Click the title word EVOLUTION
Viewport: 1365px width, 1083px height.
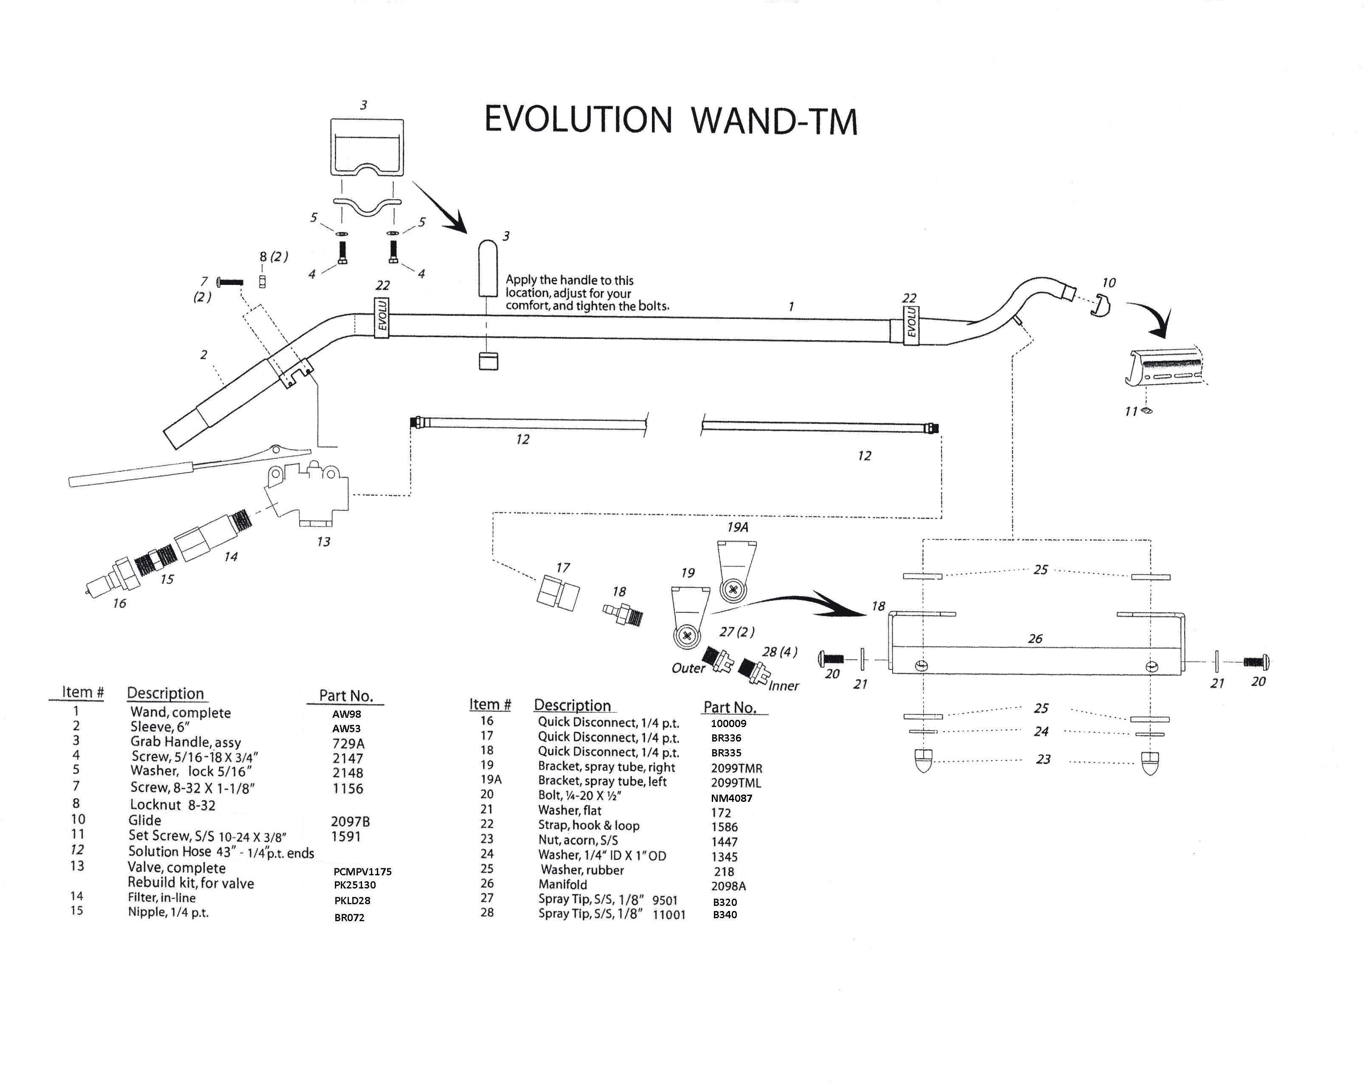tap(577, 120)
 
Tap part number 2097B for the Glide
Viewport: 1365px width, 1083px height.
tap(350, 821)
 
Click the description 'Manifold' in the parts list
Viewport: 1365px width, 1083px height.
tap(562, 884)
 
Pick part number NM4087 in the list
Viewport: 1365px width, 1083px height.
tap(731, 798)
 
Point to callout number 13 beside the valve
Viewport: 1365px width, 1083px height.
tap(323, 541)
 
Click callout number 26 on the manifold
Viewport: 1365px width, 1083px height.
tap(1035, 638)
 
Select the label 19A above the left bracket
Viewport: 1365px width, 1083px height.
tap(738, 527)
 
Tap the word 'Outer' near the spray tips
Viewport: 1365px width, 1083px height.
tap(688, 668)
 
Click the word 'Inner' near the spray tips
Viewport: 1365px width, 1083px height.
tap(784, 686)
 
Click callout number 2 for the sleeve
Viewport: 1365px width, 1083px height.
tap(203, 355)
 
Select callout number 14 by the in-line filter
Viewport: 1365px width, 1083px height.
tap(230, 557)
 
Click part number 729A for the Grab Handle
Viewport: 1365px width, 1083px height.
tap(348, 744)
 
